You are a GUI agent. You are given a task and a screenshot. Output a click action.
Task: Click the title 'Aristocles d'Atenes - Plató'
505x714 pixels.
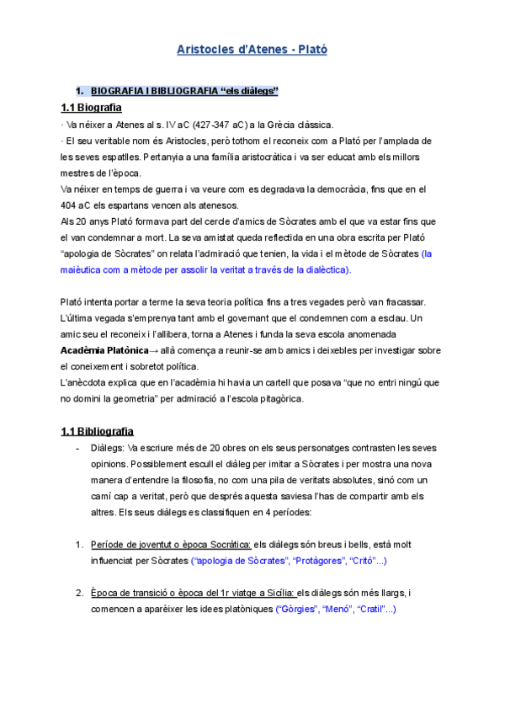252,50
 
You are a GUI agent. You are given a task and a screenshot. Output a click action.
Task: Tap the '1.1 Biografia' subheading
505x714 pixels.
91,108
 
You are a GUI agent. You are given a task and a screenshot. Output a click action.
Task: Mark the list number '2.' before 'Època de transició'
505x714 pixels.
79,593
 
